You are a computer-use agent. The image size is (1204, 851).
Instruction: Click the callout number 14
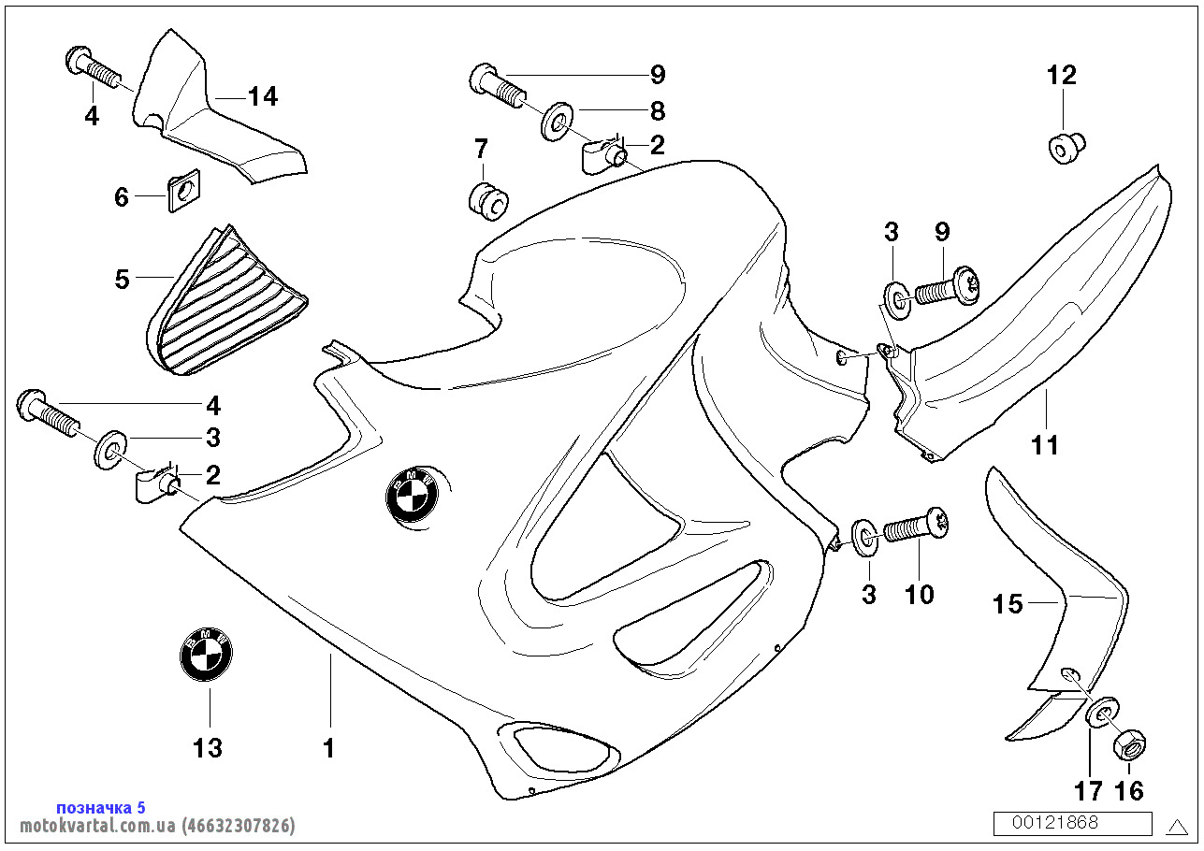click(x=263, y=96)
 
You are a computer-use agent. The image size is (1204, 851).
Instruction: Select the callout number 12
click(x=1062, y=76)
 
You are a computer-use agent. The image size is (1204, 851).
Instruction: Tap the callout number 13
click(x=208, y=748)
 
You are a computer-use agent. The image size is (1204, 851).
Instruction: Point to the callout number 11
click(x=1045, y=445)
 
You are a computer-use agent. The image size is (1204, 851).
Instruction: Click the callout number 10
click(x=920, y=595)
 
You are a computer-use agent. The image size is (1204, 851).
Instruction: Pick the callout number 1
click(x=328, y=748)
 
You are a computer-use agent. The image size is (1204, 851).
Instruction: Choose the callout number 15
click(x=1008, y=605)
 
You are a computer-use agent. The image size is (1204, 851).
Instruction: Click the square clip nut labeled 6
click(x=183, y=193)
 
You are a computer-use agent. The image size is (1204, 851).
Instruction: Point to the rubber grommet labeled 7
click(x=486, y=199)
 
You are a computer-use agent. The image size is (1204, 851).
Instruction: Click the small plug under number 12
click(x=1064, y=148)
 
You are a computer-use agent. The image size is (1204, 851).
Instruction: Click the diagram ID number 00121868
click(x=1072, y=823)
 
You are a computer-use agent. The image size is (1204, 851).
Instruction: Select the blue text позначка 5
click(x=101, y=807)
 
